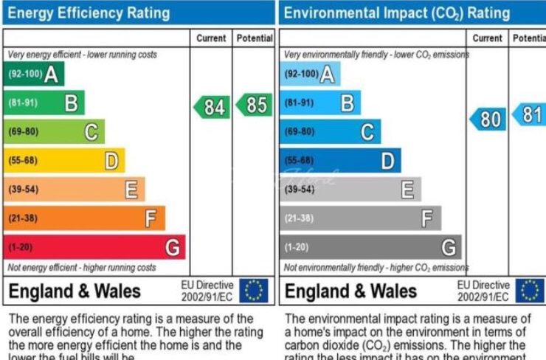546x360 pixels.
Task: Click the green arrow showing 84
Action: point(212,106)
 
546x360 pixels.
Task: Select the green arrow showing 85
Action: point(254,105)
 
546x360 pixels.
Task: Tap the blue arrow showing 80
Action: point(488,118)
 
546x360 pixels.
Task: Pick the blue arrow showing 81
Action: point(529,114)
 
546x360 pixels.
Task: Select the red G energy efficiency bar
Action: point(94,247)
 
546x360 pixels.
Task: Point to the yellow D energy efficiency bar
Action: point(64,160)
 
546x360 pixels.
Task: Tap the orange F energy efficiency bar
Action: point(84,218)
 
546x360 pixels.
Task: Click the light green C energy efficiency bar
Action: point(54,131)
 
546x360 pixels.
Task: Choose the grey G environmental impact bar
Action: point(370,247)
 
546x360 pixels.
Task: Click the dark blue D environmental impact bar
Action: point(340,160)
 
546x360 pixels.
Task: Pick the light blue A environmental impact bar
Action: point(310,74)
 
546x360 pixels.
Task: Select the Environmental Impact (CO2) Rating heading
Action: point(397,13)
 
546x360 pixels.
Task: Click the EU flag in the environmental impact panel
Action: point(529,291)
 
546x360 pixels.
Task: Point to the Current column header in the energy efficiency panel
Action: point(212,38)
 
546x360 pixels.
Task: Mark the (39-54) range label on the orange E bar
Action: point(22,190)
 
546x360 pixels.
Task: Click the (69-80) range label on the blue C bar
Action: point(299,131)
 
